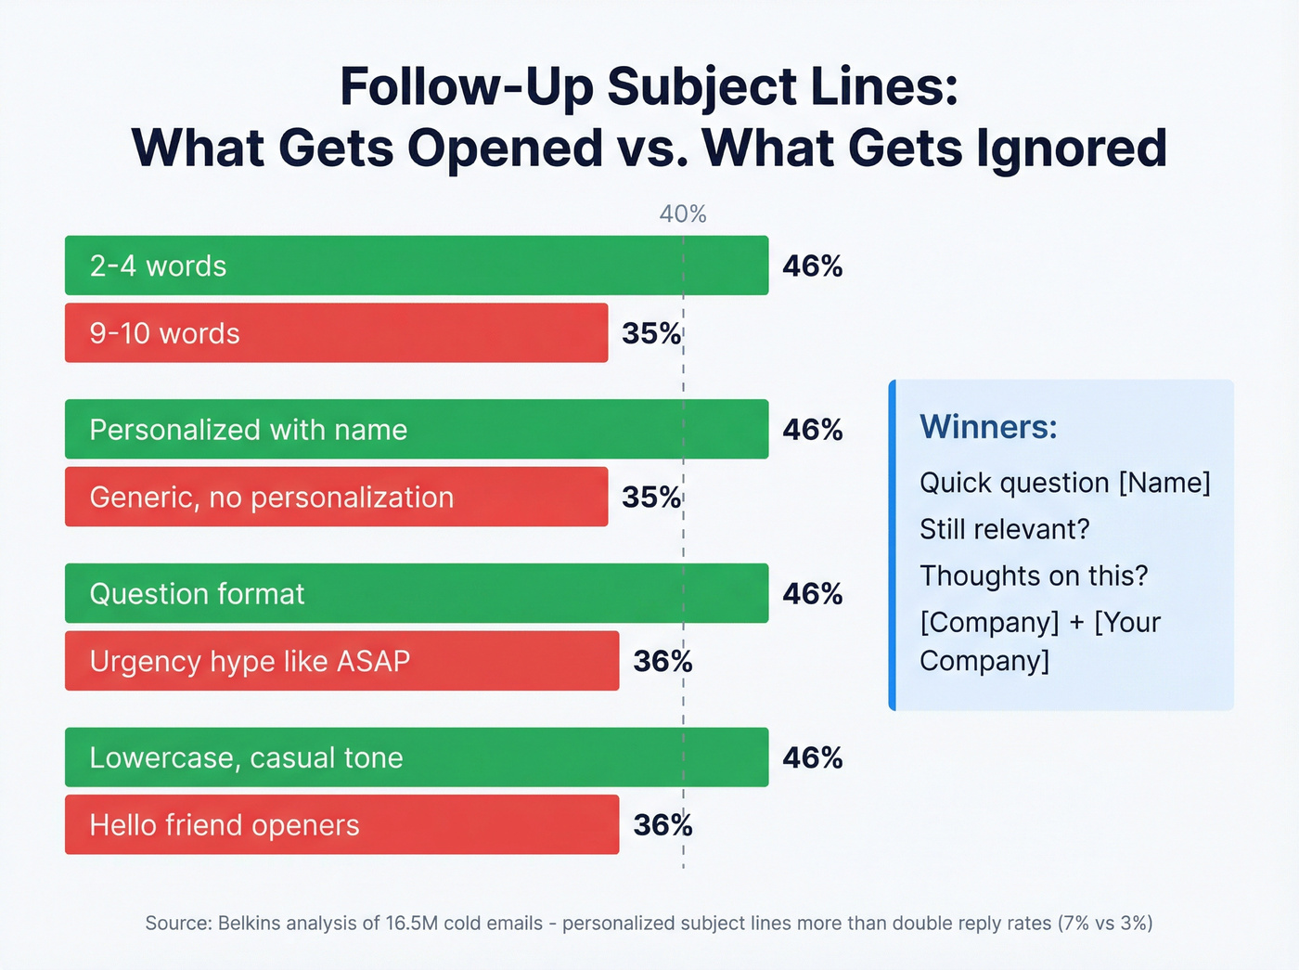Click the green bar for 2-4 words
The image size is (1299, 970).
coord(417,265)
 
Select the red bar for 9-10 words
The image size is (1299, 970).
coord(336,333)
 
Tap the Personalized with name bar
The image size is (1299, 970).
coord(417,429)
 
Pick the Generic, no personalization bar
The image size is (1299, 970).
coord(336,497)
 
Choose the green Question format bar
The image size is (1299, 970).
coord(417,593)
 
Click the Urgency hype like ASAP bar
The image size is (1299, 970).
coord(341,661)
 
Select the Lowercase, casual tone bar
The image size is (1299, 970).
coord(417,757)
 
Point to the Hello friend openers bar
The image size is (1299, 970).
coord(341,824)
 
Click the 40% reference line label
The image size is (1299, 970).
coord(683,214)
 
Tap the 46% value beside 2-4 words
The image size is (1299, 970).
coord(813,266)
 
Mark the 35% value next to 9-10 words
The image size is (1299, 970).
coord(651,334)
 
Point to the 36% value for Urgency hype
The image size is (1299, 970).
coord(662,662)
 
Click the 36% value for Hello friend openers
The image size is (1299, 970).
coord(662,825)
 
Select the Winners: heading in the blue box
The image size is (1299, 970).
coord(988,427)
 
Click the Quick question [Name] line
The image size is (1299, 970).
coord(1064,483)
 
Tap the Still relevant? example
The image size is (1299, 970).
coord(1004,529)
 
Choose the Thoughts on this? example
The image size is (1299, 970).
coord(1034,576)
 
